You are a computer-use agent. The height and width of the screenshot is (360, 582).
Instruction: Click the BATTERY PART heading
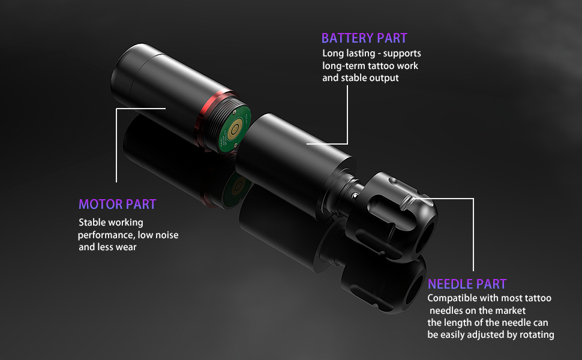tap(364, 38)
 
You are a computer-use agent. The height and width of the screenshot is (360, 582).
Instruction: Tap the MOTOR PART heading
tap(117, 204)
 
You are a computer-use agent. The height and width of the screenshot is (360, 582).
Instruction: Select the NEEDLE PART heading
tap(467, 284)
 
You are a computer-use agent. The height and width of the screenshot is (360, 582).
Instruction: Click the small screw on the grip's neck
tap(355, 195)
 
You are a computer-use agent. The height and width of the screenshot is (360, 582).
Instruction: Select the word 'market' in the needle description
tap(511, 311)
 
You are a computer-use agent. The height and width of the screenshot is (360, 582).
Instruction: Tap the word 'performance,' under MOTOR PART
tap(106, 235)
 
